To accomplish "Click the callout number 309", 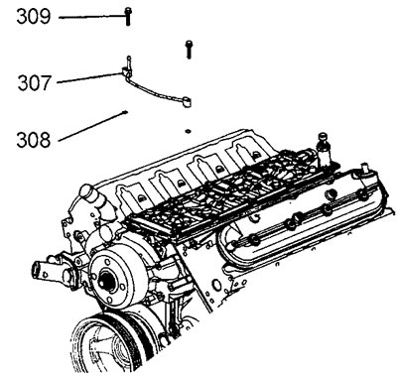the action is (34, 17).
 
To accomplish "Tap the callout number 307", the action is (35, 83).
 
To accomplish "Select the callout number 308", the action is (34, 140).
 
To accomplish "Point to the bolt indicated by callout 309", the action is (128, 17).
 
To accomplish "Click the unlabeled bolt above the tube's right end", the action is (189, 50).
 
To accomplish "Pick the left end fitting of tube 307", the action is (126, 70).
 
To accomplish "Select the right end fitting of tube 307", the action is (187, 102).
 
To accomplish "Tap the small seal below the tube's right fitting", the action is (188, 131).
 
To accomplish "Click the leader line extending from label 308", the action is (93, 127).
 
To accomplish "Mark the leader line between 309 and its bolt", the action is (92, 17).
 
